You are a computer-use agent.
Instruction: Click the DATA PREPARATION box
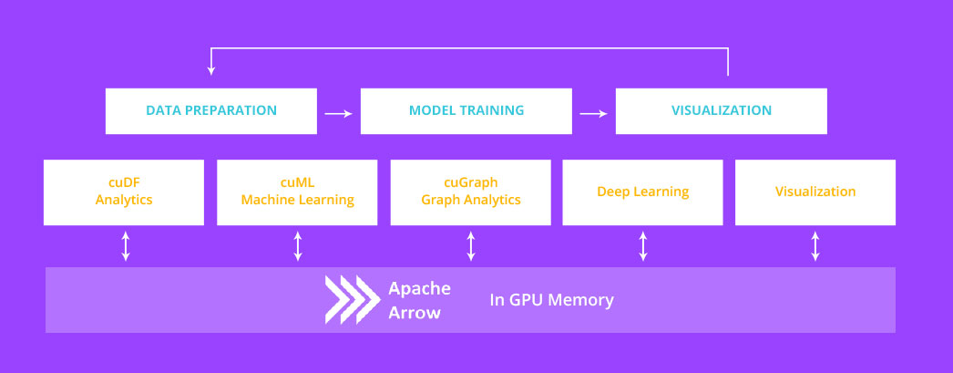click(211, 110)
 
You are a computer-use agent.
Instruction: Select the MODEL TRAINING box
click(466, 110)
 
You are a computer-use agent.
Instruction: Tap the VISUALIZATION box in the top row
click(721, 110)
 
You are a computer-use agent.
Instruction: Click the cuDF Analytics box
click(124, 192)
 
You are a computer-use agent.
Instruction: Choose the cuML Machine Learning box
click(297, 192)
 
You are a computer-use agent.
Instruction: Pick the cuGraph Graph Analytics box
click(470, 192)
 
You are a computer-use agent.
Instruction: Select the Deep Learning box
click(642, 192)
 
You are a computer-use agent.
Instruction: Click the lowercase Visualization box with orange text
click(815, 192)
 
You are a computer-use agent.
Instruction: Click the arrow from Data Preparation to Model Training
click(338, 113)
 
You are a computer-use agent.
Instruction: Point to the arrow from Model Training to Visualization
click(593, 113)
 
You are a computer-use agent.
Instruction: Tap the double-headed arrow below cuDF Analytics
click(126, 246)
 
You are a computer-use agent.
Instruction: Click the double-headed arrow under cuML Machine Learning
click(298, 246)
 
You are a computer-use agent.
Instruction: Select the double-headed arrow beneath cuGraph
click(471, 246)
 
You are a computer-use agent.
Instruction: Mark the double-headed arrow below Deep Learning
click(643, 246)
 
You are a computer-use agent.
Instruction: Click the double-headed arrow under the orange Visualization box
click(815, 246)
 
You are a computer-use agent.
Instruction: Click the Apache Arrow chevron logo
click(352, 300)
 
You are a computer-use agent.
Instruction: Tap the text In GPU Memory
click(551, 300)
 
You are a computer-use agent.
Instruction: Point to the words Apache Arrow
click(419, 300)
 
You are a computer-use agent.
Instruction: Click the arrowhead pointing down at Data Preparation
click(211, 70)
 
